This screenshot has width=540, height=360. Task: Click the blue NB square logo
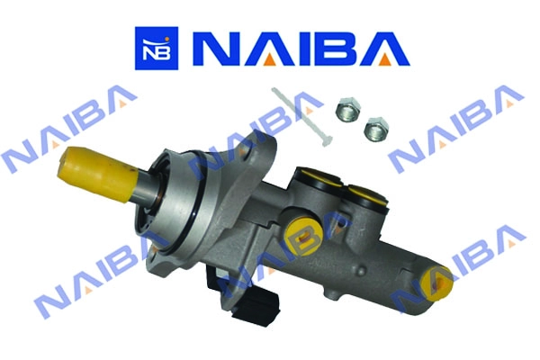point(157,49)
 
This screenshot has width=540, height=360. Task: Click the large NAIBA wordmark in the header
point(301,49)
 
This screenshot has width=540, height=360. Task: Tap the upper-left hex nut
point(347,110)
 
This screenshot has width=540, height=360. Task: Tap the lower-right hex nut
point(376,130)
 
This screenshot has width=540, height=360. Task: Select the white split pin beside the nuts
point(301,116)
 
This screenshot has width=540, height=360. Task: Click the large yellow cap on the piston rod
point(96,174)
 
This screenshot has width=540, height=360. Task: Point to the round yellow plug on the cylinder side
point(302,235)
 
